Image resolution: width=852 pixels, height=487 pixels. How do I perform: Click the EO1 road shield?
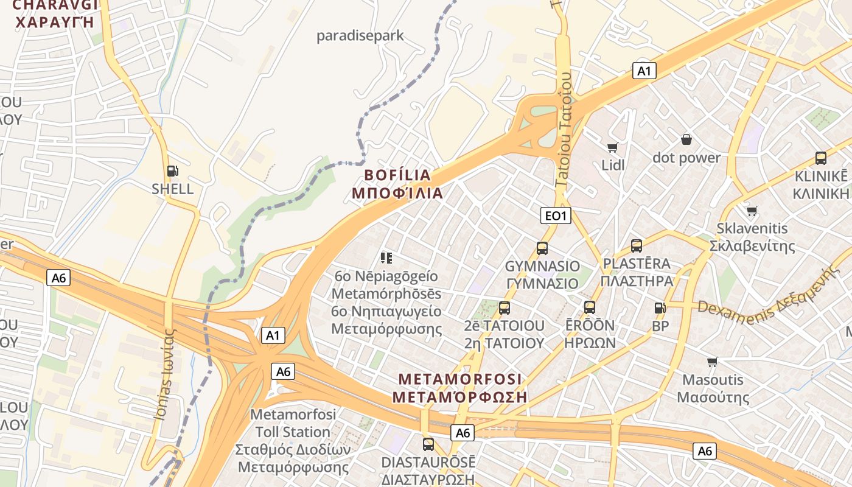556,215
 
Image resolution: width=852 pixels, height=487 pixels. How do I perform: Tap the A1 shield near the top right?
644,71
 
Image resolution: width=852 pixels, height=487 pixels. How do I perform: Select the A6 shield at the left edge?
58,278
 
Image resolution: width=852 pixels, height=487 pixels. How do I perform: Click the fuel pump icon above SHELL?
173,172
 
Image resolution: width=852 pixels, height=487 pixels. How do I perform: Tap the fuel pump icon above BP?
660,309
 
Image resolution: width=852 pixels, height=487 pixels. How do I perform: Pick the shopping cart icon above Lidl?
613,147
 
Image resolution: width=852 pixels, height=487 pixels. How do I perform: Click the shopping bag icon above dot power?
686,140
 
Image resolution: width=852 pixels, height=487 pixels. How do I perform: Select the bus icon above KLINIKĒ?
820,158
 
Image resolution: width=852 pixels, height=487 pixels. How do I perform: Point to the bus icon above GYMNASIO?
542,248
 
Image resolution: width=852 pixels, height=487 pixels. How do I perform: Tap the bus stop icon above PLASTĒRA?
637,246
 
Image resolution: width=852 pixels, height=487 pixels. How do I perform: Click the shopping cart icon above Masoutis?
712,362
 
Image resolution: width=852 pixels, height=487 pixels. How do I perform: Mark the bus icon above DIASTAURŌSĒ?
428,444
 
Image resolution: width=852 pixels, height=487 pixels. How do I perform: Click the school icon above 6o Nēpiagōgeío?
386,258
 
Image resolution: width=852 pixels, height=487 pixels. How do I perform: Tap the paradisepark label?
360,36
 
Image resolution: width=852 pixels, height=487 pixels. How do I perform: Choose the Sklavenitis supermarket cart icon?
752,211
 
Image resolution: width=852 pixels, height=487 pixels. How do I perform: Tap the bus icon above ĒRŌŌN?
589,307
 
